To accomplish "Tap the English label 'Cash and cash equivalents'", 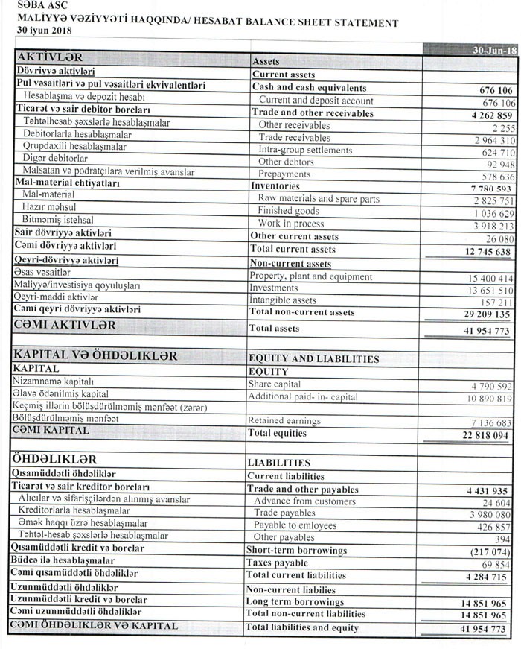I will coord(309,88).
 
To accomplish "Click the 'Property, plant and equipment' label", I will coord(311,276).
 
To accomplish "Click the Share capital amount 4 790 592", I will coord(491,386).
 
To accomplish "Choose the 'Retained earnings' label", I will coord(286,420).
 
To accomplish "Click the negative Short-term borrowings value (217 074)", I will coord(488,552).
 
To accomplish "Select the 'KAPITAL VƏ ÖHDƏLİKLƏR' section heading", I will coord(96,356).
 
